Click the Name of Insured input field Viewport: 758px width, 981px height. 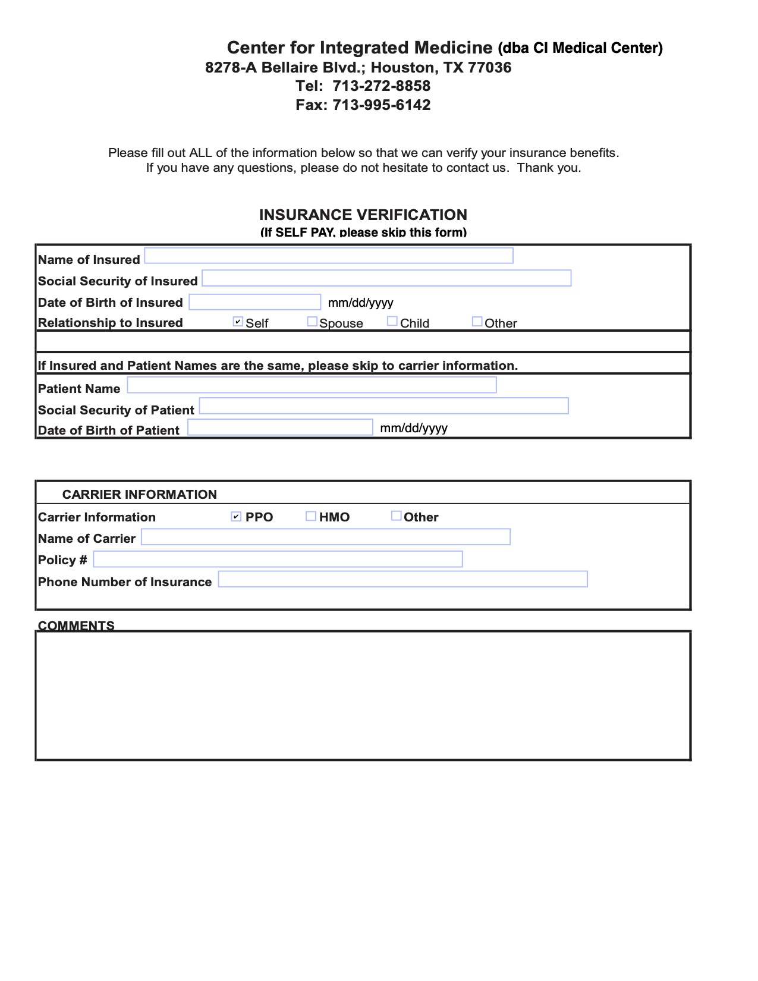click(329, 256)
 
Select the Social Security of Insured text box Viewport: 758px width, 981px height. click(386, 278)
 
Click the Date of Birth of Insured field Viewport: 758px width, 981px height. click(255, 302)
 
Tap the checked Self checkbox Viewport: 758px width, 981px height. click(238, 322)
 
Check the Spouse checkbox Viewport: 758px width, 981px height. click(312, 322)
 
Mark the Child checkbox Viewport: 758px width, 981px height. click(392, 321)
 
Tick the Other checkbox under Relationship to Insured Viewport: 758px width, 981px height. click(477, 322)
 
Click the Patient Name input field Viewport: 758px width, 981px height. click(312, 385)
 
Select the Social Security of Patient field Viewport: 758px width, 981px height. click(384, 406)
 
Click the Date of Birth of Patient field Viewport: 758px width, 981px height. click(280, 427)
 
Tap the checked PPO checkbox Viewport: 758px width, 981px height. click(236, 516)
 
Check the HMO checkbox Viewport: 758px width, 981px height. click(311, 516)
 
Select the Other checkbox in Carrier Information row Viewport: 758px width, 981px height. click(396, 515)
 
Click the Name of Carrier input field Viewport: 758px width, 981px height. click(326, 537)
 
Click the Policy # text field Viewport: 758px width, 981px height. click(278, 559)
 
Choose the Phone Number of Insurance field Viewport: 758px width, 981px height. click(403, 579)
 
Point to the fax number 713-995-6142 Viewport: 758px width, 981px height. click(381, 105)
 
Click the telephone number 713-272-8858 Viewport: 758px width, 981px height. click(381, 86)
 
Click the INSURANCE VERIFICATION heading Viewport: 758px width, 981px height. click(363, 215)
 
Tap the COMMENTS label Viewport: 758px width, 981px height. click(76, 625)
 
